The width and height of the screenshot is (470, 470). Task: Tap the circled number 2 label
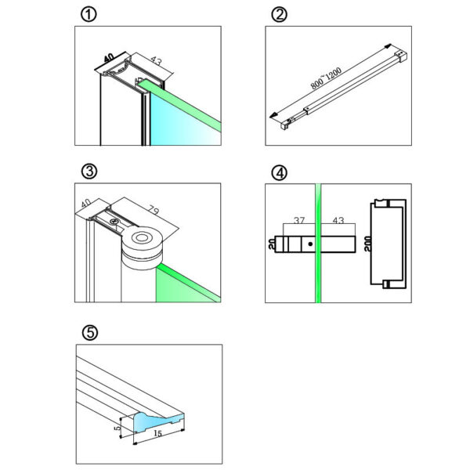click(x=278, y=15)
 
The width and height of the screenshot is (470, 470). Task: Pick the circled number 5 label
click(x=90, y=333)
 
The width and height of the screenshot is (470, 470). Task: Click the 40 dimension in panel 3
click(x=85, y=205)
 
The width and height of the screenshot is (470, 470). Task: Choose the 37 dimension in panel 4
click(x=298, y=222)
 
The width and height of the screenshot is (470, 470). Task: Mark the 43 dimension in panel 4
click(x=338, y=222)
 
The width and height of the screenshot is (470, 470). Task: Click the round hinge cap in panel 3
click(x=143, y=238)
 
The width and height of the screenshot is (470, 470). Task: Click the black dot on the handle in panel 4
click(x=311, y=244)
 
